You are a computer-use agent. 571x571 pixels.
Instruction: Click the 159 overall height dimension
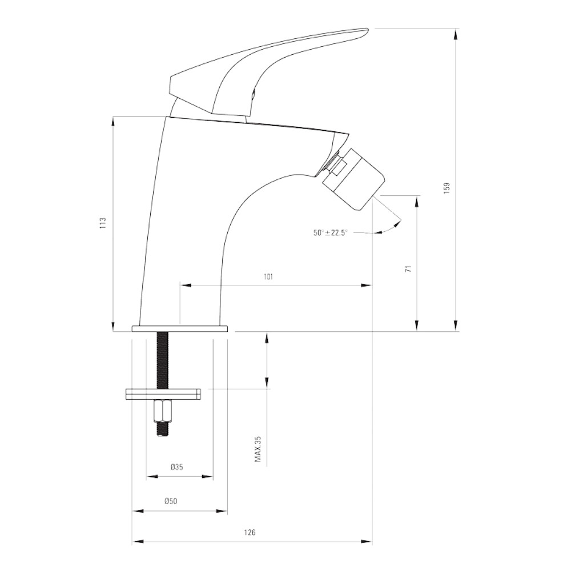tap(447, 188)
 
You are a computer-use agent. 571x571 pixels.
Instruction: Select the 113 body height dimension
tap(103, 223)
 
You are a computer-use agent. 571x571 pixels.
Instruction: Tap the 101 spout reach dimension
tap(268, 277)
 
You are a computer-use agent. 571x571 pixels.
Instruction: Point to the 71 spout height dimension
tap(409, 269)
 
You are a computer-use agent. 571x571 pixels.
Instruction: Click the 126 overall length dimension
tap(250, 532)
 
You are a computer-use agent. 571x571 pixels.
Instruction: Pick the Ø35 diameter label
tap(176, 467)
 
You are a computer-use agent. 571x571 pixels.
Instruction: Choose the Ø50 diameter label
tap(171, 501)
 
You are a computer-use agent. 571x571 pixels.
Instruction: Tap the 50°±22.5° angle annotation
tap(331, 232)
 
